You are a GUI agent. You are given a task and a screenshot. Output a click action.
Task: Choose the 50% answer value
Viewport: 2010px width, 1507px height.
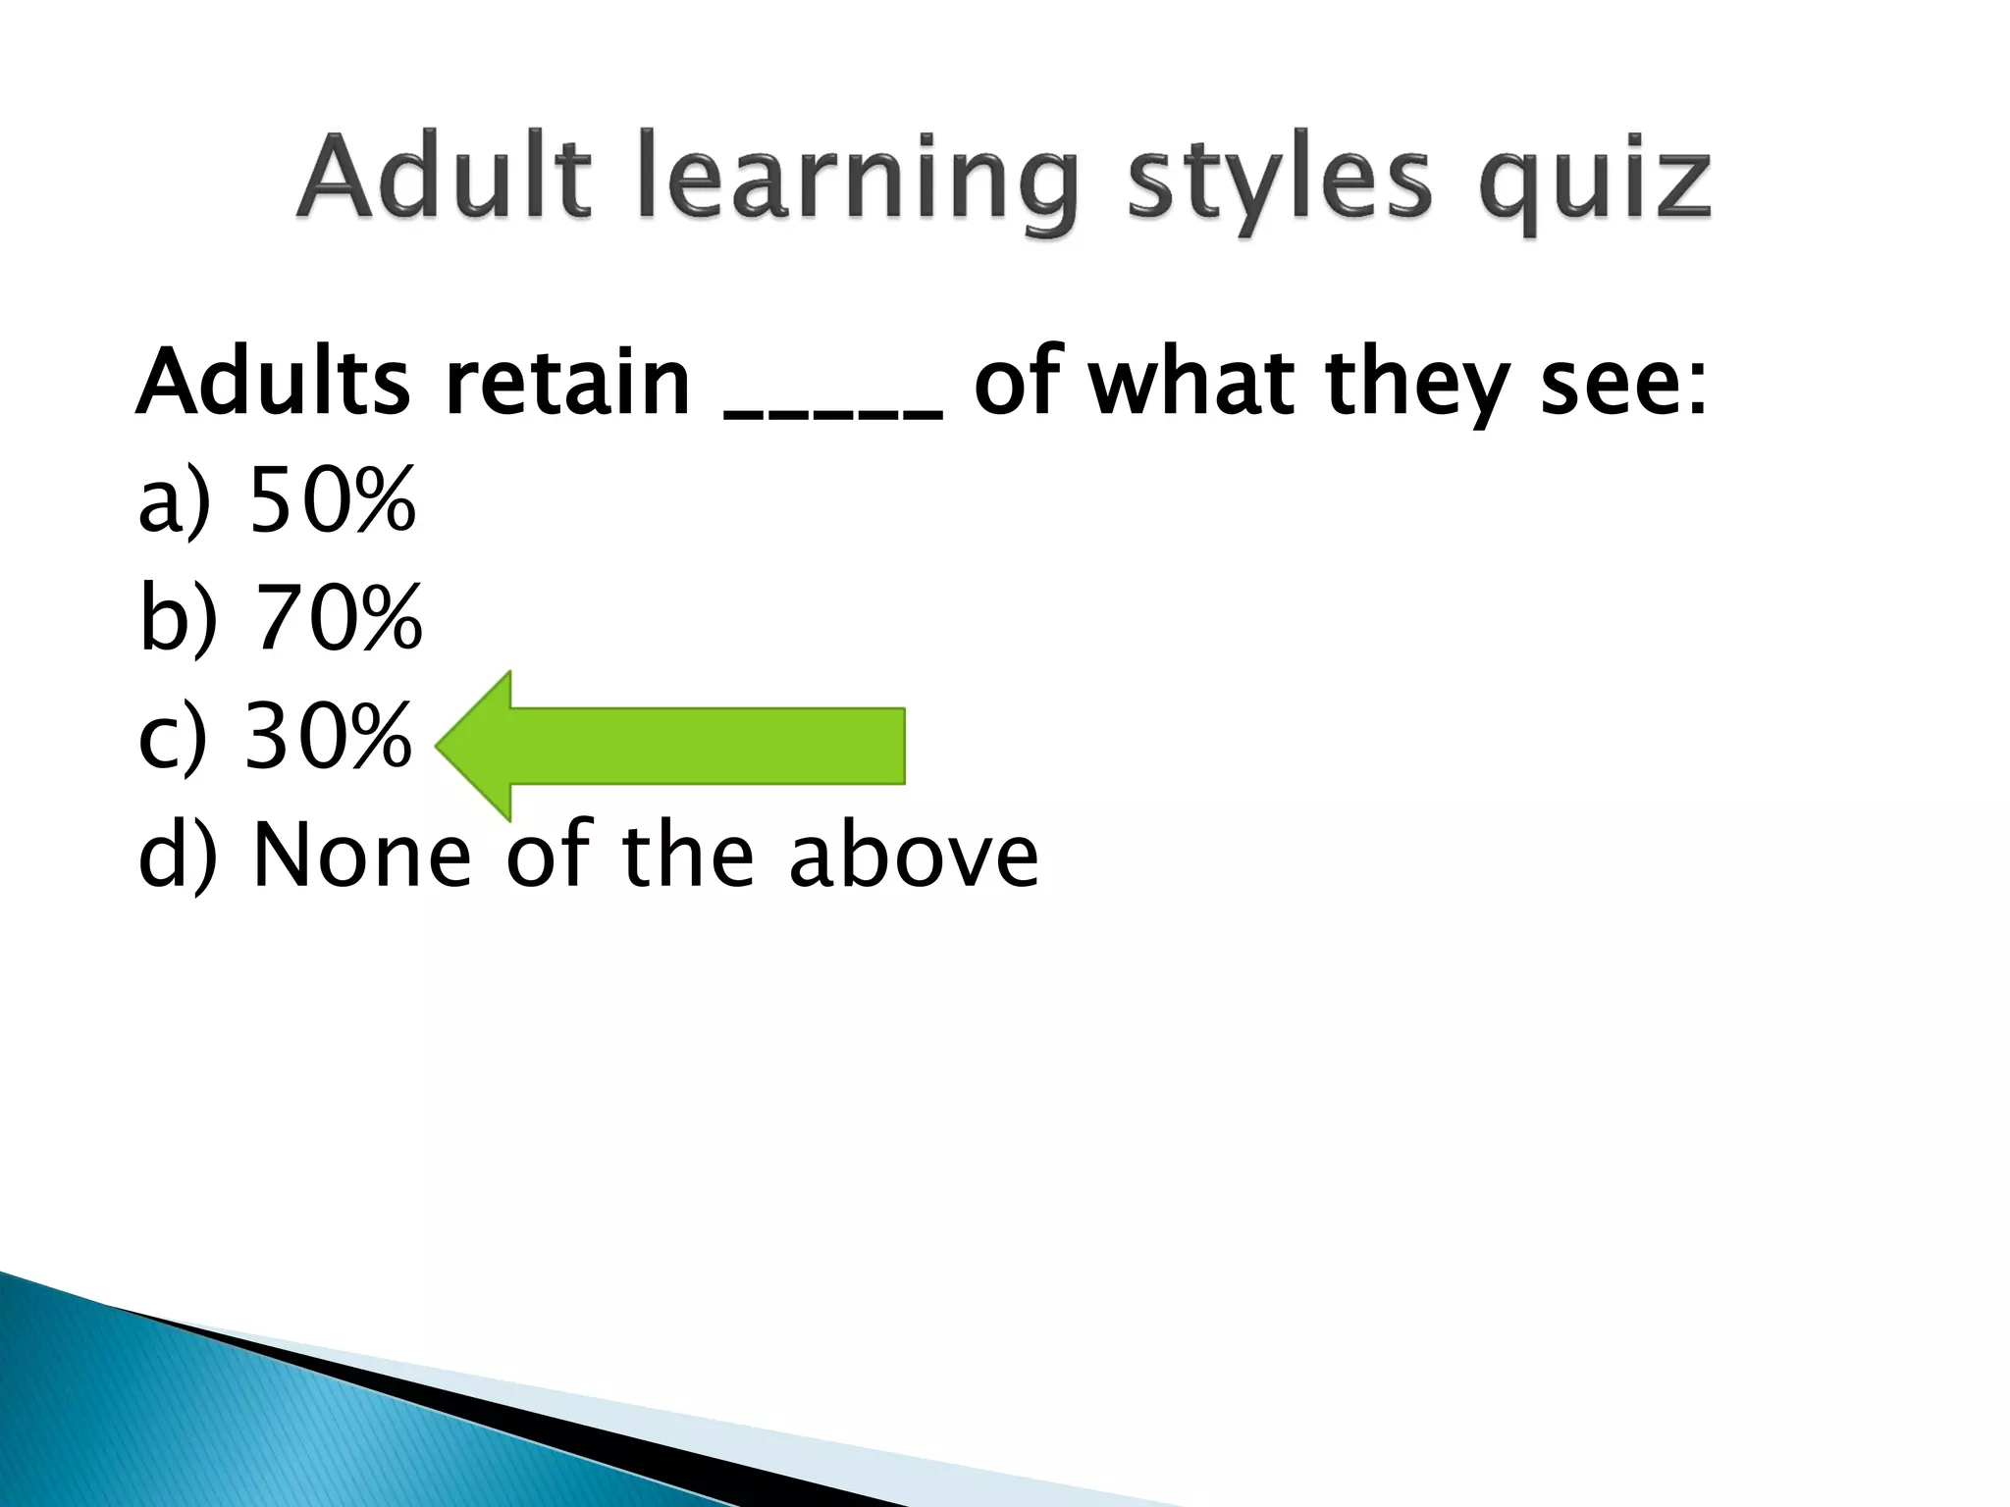point(333,500)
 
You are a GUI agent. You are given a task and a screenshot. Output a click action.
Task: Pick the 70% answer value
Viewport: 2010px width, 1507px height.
point(338,618)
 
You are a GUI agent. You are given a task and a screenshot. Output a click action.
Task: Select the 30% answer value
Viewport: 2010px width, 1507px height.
point(327,736)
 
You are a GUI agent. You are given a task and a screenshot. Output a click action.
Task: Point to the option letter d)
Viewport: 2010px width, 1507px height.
point(177,854)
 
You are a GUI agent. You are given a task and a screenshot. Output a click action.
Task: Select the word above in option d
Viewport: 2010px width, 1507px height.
point(914,854)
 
